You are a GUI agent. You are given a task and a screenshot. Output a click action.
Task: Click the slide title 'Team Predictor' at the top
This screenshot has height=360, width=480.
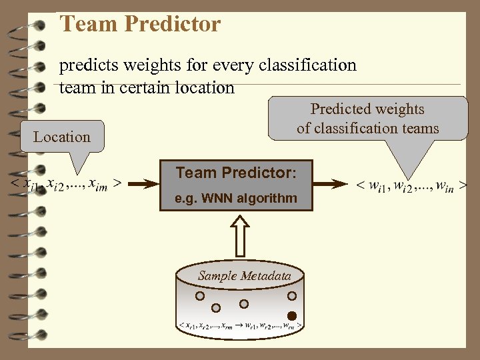[x=140, y=25]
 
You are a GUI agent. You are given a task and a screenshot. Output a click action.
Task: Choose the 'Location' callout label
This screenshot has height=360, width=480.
[x=62, y=137]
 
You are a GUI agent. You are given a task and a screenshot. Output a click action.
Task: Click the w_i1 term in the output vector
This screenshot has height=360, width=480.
[x=381, y=185]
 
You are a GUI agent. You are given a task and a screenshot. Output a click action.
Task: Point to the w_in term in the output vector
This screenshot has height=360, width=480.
[x=441, y=185]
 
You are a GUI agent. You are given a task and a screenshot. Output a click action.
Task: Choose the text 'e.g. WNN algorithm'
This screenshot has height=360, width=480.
[x=235, y=199]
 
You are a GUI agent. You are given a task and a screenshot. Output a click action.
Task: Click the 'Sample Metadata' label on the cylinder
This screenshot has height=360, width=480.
[x=244, y=276]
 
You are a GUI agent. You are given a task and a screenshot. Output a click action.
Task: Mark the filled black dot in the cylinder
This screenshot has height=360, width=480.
[x=291, y=315]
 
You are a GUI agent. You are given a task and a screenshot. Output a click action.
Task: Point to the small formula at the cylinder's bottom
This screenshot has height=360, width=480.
[x=241, y=326]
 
